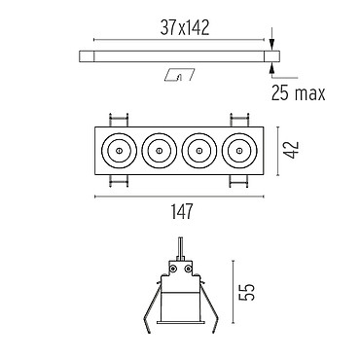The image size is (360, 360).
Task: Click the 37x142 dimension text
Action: click(185, 28)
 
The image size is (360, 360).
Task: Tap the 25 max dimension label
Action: click(298, 93)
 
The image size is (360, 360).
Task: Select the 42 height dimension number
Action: click(293, 150)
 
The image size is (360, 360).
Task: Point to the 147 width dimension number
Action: click(182, 211)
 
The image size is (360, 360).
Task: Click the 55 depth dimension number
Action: click(248, 292)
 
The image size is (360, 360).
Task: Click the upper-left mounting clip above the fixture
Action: click(119, 120)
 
